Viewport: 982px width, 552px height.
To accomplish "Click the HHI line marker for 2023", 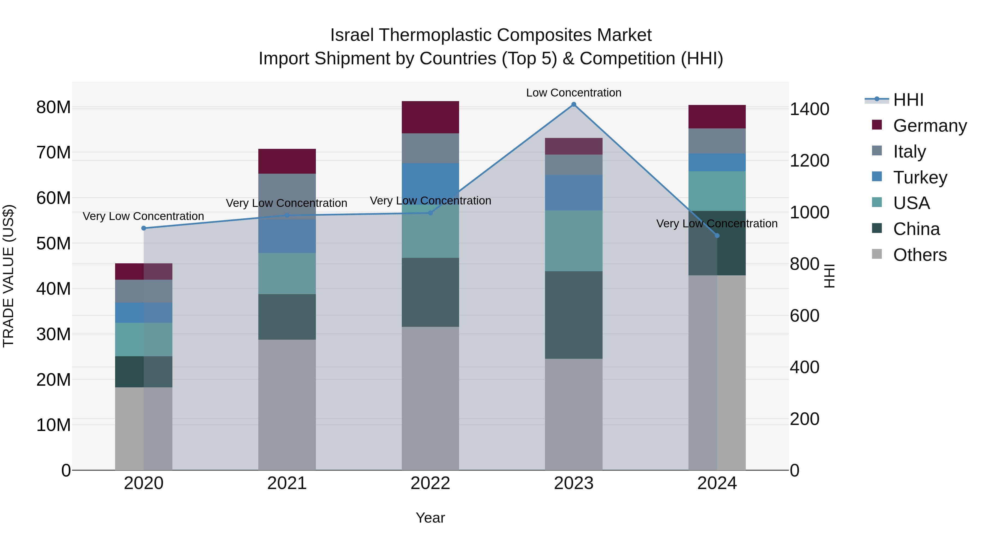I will [573, 104].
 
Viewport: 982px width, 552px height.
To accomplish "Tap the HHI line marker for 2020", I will [144, 228].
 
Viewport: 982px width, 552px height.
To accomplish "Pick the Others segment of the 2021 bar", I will [287, 405].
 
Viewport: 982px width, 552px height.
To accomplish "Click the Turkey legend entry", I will [920, 177].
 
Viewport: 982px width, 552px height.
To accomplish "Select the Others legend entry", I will [920, 255].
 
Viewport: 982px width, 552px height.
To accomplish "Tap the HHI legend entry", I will [908, 100].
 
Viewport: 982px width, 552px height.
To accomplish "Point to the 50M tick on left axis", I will [53, 243].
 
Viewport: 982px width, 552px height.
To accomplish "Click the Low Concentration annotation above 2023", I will [573, 93].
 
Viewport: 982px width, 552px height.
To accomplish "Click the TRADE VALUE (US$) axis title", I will [9, 276].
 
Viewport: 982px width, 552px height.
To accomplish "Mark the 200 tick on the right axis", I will [804, 419].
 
